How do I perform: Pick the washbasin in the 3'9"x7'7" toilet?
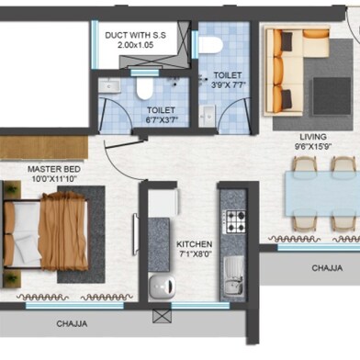tap(208, 113)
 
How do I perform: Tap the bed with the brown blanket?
tap(51, 229)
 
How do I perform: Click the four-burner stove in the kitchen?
tap(236, 221)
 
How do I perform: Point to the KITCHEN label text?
tap(194, 244)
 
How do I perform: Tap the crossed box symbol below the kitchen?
tap(164, 315)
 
